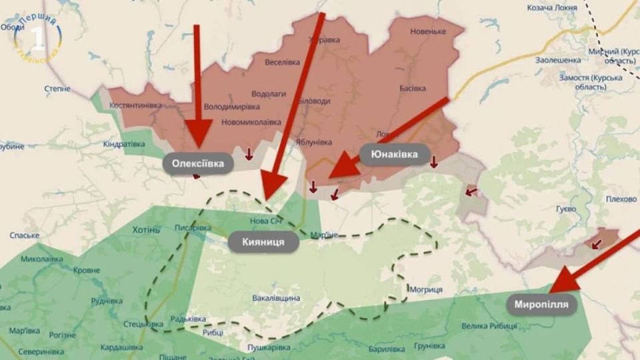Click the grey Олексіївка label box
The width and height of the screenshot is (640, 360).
(x=198, y=163)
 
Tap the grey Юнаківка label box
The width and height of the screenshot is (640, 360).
(x=394, y=155)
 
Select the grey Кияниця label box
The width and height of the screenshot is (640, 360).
(x=263, y=242)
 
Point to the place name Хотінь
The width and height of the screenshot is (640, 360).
(x=147, y=230)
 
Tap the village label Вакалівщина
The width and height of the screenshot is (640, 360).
(x=276, y=298)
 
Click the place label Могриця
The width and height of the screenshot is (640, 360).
(x=427, y=289)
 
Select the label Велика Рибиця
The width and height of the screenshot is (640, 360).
(x=489, y=325)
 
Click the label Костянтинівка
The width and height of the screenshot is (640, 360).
(x=136, y=105)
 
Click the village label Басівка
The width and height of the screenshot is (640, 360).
(x=413, y=88)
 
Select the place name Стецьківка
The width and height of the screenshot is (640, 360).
(x=143, y=325)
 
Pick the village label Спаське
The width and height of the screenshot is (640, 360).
(x=25, y=235)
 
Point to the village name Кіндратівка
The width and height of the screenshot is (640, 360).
(x=124, y=143)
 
